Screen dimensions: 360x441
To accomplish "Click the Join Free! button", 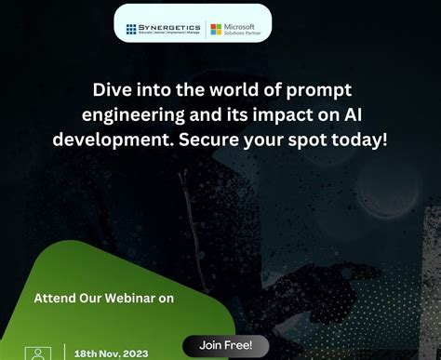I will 224,345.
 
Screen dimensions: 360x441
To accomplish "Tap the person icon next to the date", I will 39,353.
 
